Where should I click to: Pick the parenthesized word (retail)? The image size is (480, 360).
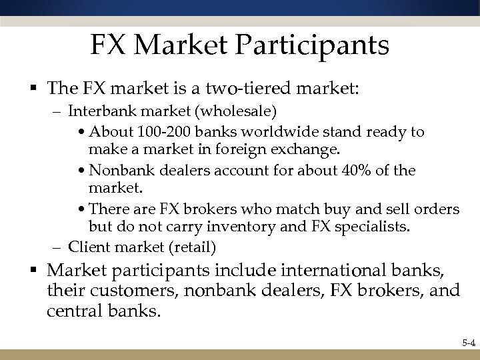(193, 247)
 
